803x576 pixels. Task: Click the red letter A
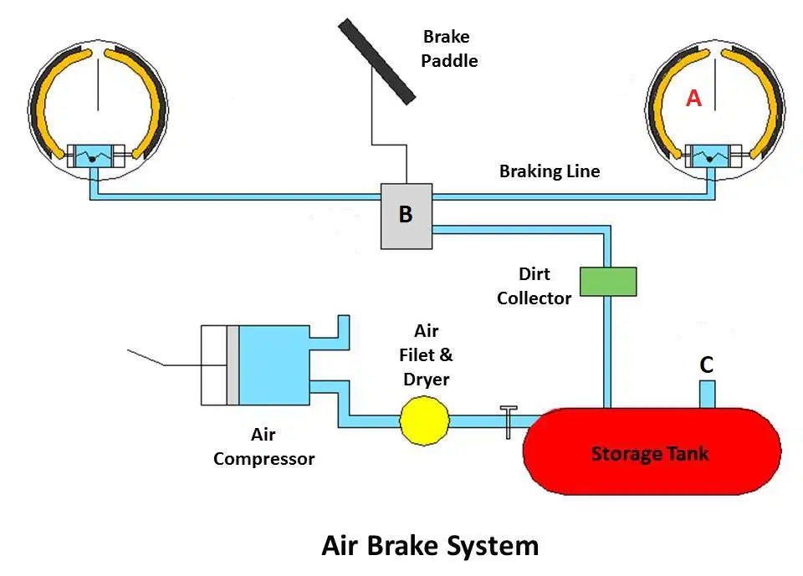click(693, 98)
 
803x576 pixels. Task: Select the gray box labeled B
click(407, 216)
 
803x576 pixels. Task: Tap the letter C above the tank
click(706, 364)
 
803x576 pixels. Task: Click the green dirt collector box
click(608, 282)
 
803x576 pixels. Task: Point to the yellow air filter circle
click(425, 421)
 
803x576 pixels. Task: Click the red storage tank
click(652, 451)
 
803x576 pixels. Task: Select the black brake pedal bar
click(376, 61)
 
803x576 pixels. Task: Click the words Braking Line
click(550, 171)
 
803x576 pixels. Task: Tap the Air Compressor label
click(263, 446)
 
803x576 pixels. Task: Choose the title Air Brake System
click(430, 545)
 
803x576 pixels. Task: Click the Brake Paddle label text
click(449, 48)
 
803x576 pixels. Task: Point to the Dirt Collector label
click(534, 286)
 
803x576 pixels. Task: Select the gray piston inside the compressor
click(233, 365)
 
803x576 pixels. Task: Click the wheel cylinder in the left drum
click(95, 156)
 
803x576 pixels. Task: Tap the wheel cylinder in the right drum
click(713, 156)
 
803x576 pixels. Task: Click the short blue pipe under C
click(708, 395)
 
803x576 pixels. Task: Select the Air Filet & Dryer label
click(426, 354)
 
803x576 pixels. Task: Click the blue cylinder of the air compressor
click(274, 365)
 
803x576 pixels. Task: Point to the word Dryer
click(426, 380)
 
